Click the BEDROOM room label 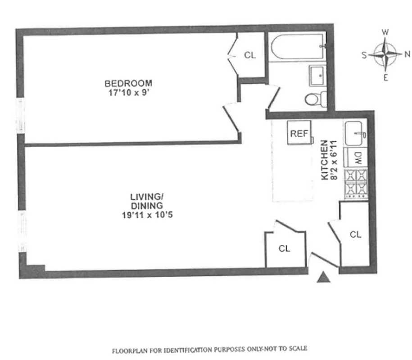[128, 83]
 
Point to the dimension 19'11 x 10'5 [147, 215]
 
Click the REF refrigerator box [299, 134]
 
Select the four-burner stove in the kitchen [356, 184]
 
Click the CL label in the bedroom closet [250, 55]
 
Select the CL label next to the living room [284, 248]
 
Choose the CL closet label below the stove [356, 234]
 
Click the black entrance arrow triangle [323, 278]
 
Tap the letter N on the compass [407, 54]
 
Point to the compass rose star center [385, 54]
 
